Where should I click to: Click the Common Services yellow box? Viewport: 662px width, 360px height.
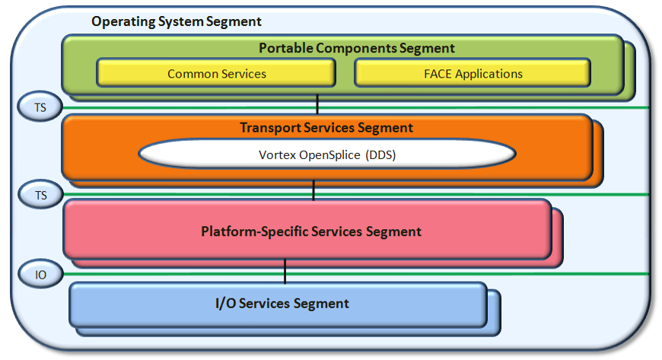(216, 74)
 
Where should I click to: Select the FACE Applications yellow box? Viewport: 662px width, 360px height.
(473, 74)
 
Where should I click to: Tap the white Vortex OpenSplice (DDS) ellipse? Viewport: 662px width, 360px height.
(326, 155)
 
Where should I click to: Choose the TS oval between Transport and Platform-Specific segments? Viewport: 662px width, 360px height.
(40, 195)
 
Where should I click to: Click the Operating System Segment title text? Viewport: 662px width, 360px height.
(177, 21)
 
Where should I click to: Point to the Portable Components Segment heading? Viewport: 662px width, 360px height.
(357, 48)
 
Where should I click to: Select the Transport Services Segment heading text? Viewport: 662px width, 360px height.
(326, 128)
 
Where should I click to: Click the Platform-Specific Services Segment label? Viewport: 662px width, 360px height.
(311, 231)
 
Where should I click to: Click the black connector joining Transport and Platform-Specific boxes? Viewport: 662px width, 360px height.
(313, 190)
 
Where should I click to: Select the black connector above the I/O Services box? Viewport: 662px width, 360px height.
(285, 270)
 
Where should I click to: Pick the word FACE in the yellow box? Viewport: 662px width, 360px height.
(439, 74)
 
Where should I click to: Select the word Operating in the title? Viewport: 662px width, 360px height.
(119, 21)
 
